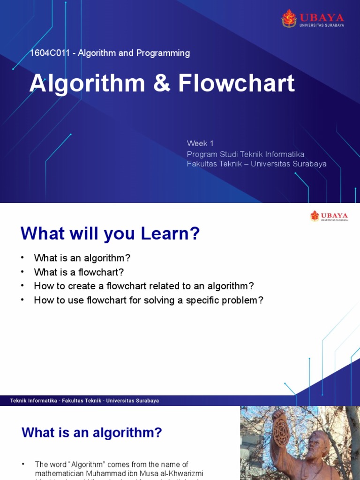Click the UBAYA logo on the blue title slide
[312, 19]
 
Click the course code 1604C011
[49, 53]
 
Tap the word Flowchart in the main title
[236, 83]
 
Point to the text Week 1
[200, 143]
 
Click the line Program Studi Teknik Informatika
[246, 154]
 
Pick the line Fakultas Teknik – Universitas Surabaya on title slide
[256, 164]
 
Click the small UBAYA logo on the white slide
[329, 216]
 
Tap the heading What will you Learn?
[110, 233]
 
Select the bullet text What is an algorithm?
[82, 258]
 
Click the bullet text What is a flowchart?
[78, 272]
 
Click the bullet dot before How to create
[22, 286]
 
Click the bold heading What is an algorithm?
[92, 433]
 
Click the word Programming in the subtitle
[163, 53]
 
